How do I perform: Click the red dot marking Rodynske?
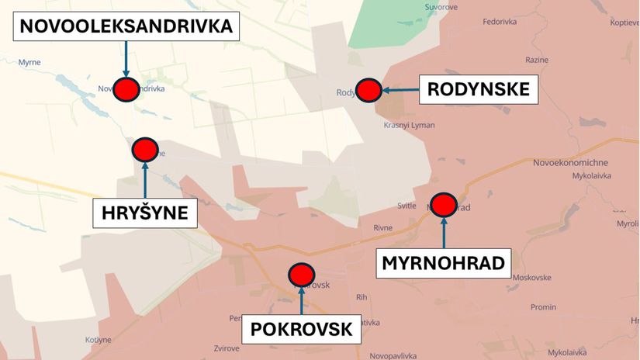point(368,90)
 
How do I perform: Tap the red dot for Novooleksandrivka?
point(126,89)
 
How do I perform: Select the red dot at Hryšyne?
point(145,149)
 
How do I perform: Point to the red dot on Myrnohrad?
point(444,205)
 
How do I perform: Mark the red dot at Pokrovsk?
point(301,275)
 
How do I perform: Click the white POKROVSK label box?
point(301,329)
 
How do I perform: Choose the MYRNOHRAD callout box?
point(444,263)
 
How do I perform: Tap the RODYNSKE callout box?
point(478,90)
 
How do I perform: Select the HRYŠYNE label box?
point(145,212)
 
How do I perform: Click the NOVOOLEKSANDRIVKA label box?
point(126,26)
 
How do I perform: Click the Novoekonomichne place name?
point(570,162)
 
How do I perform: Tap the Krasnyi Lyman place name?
point(409,126)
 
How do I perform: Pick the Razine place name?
point(536,60)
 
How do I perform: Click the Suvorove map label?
point(441,7)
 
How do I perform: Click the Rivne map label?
point(382,227)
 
